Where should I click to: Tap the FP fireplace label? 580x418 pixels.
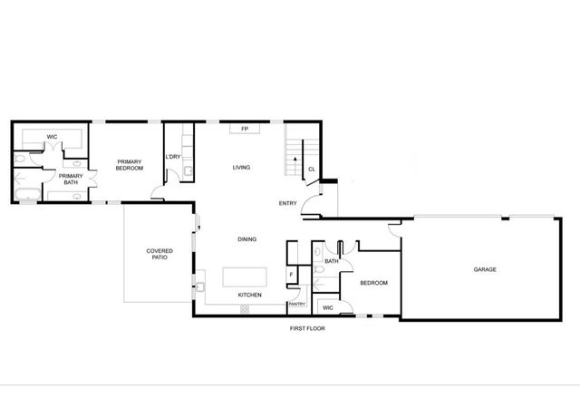click(x=245, y=129)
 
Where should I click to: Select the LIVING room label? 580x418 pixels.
click(x=241, y=168)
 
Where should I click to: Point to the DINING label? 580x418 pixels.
click(x=246, y=239)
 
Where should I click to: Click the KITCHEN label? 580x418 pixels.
click(x=249, y=296)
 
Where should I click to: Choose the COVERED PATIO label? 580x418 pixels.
click(x=159, y=255)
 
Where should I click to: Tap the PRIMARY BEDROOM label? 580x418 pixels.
click(x=130, y=165)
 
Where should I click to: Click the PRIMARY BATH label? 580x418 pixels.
click(x=71, y=179)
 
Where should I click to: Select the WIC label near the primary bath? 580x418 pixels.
click(x=53, y=137)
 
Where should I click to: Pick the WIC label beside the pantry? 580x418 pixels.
click(x=328, y=308)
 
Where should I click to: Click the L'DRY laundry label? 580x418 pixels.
click(x=173, y=158)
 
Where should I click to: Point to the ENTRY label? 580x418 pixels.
click(x=288, y=203)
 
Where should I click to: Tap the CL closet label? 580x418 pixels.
click(x=312, y=170)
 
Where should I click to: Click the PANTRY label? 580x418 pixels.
click(x=296, y=304)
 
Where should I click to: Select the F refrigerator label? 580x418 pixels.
click(x=291, y=274)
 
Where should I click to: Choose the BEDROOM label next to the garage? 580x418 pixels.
click(x=373, y=283)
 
